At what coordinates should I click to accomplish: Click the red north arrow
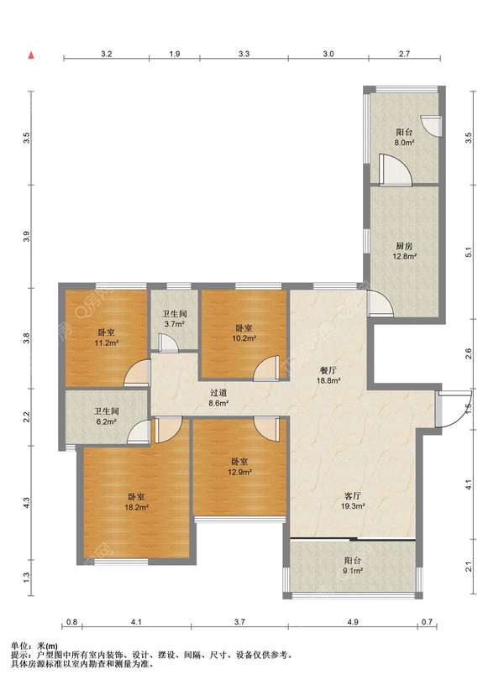click(31, 55)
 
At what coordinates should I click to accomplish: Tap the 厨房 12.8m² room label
click(403, 251)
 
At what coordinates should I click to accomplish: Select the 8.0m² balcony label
click(404, 137)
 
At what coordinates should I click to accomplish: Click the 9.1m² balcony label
click(352, 565)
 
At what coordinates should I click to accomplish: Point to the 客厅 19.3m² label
click(353, 501)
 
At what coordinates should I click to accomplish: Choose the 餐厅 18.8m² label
click(328, 375)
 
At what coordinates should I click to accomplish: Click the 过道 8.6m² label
click(218, 398)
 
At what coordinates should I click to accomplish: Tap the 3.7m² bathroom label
click(175, 319)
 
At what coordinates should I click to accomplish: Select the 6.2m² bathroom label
click(107, 416)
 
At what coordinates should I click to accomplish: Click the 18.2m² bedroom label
click(136, 502)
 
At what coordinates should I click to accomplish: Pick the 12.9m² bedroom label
click(239, 467)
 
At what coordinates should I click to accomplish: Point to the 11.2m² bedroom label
click(107, 337)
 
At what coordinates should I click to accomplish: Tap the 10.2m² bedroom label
click(244, 332)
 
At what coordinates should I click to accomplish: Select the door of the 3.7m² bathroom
click(168, 342)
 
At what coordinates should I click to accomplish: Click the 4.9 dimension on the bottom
click(353, 622)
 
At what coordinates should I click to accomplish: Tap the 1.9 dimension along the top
click(175, 55)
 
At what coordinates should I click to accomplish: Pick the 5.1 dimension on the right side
click(468, 252)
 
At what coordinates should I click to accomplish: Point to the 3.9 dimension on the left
click(27, 237)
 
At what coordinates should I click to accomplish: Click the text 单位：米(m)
click(34, 646)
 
